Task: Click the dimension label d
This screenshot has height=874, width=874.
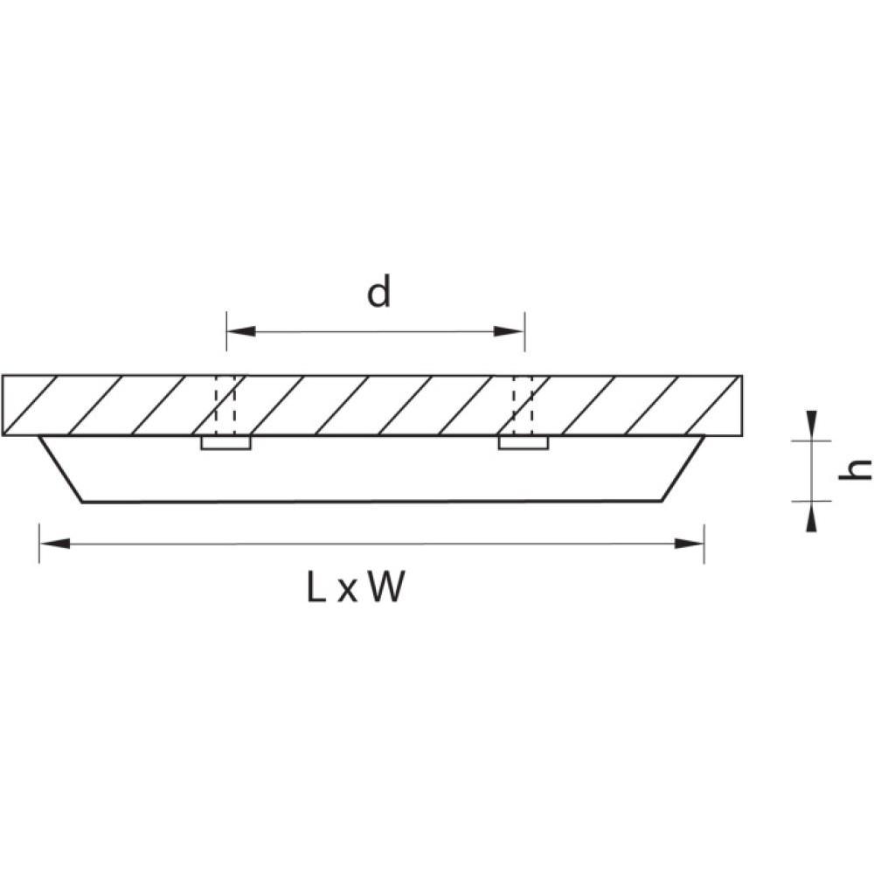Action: pyautogui.click(x=378, y=293)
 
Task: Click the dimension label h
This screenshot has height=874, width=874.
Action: pyautogui.click(x=854, y=470)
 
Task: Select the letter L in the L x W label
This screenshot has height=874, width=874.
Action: pyautogui.click(x=316, y=587)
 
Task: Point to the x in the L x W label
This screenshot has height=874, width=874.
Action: pyautogui.click(x=347, y=592)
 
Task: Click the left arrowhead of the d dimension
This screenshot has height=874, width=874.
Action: pyautogui.click(x=241, y=331)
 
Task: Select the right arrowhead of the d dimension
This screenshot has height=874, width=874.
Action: pyautogui.click(x=509, y=331)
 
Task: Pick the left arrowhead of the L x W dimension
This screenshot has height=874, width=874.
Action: pyautogui.click(x=54, y=544)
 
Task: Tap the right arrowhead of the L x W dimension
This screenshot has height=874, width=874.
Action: pyautogui.click(x=689, y=544)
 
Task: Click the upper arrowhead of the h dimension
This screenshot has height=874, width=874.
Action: pyautogui.click(x=812, y=426)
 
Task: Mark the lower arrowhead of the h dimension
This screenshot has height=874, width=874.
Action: pyautogui.click(x=812, y=517)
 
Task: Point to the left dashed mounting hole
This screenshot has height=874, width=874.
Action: pyautogui.click(x=225, y=406)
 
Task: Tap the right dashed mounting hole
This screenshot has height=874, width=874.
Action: pyautogui.click(x=524, y=406)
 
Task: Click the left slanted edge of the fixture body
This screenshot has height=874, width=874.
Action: pyautogui.click(x=61, y=469)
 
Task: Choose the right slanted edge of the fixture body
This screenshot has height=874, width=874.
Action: pyautogui.click(x=683, y=469)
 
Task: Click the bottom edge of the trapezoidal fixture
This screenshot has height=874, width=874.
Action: pyautogui.click(x=372, y=503)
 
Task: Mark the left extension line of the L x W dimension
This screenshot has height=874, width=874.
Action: pyautogui.click(x=39, y=544)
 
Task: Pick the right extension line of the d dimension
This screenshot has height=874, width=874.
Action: pyautogui.click(x=524, y=331)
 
